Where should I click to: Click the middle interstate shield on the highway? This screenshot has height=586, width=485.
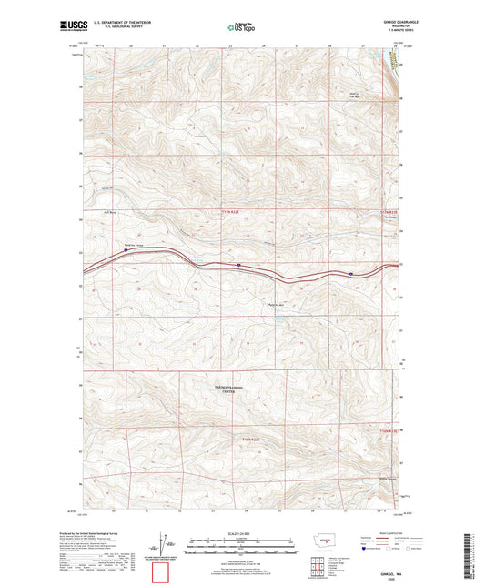tap(238, 266)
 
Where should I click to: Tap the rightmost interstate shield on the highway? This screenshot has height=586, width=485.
tap(351, 272)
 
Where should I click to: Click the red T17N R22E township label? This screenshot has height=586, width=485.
tap(233, 211)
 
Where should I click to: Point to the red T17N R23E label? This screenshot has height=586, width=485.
tap(389, 211)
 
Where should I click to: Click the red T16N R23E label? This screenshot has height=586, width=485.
tap(389, 428)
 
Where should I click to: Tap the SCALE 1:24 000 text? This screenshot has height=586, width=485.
tap(241, 533)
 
